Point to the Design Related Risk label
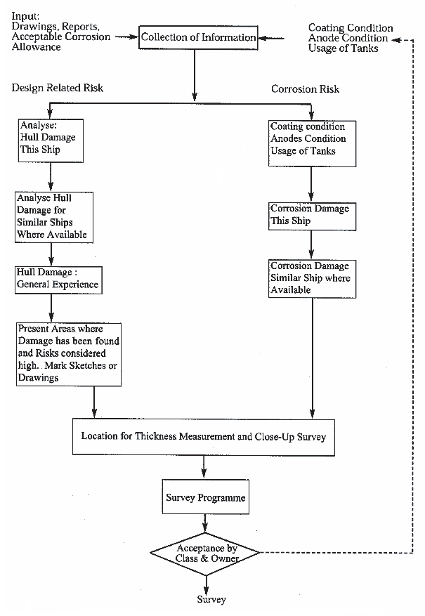58,88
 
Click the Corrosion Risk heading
305,89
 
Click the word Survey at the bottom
211,600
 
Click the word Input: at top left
25,16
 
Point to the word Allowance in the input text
36,47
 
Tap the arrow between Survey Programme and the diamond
205,523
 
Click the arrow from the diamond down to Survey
206,585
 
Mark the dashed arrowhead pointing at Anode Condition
396,39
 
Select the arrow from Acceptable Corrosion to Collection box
126,37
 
